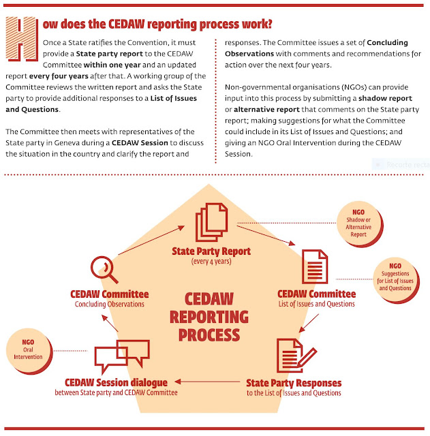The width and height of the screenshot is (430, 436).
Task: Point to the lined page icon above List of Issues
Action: click(x=315, y=267)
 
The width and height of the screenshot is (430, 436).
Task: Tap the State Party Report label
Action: click(x=211, y=251)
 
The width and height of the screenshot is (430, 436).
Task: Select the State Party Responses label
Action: click(x=294, y=383)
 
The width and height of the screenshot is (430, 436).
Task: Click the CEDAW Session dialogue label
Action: click(x=116, y=383)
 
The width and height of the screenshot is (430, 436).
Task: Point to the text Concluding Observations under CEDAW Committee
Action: click(x=110, y=304)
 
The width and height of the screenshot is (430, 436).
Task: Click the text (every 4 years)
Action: click(x=211, y=261)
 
